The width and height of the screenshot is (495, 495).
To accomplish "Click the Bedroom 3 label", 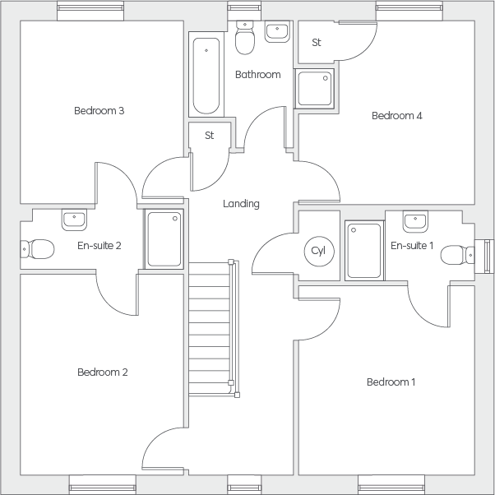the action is [x=99, y=111].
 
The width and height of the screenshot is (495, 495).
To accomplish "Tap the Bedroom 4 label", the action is [x=397, y=116].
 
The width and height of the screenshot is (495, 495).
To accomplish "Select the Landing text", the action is [x=241, y=204].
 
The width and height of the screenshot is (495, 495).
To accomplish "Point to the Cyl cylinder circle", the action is [x=319, y=251].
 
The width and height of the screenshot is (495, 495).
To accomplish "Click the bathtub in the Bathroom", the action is [x=206, y=76].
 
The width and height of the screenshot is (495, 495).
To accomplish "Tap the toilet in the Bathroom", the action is [x=245, y=37].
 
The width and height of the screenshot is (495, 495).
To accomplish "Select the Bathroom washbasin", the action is [x=277, y=31].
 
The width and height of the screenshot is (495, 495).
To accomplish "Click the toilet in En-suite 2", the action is [x=37, y=249].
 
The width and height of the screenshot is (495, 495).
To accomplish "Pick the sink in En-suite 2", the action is [x=74, y=220].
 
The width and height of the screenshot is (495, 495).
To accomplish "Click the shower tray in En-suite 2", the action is [x=164, y=239].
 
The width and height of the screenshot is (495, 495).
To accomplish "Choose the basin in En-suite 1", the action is [x=415, y=222].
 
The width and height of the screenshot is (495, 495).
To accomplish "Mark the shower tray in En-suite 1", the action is [x=364, y=251].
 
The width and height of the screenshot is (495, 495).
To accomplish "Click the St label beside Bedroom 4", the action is [x=317, y=42].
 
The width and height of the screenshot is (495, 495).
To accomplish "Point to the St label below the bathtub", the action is [x=210, y=136].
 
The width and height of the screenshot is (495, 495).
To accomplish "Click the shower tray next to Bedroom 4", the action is [x=314, y=89].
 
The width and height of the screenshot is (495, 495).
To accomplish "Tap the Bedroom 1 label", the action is [x=391, y=382].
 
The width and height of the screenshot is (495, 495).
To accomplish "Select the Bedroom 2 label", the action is [x=103, y=372].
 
